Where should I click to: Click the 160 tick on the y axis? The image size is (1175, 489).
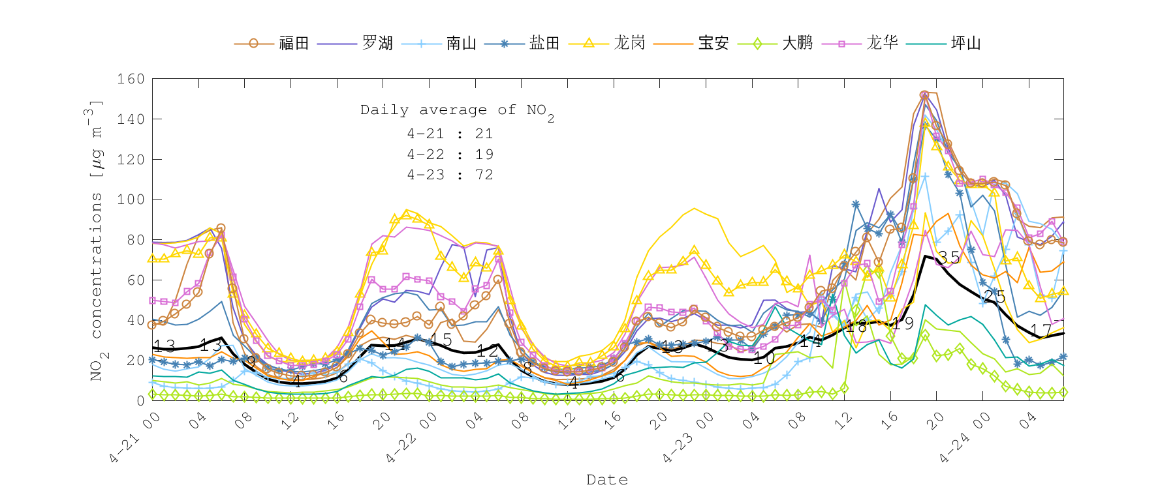[x=131, y=79]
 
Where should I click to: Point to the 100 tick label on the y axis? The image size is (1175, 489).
[x=131, y=200]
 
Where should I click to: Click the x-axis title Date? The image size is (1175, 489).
[x=607, y=480]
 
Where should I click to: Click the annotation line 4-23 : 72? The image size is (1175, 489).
[x=450, y=175]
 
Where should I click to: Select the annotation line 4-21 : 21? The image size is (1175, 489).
[x=450, y=134]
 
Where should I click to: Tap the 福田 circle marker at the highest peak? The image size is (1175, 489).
[x=924, y=95]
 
